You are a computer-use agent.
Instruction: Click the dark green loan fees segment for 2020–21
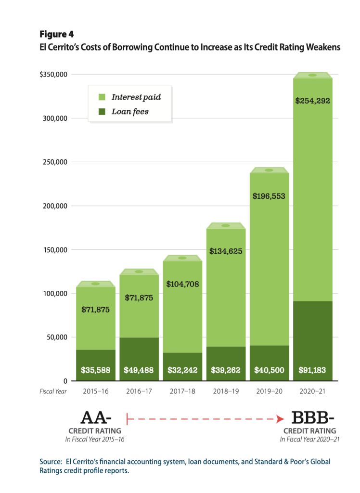pyautogui.click(x=313, y=337)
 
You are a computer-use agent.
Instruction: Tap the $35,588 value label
pyautogui.click(x=96, y=370)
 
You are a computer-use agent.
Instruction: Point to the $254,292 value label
pyautogui.click(x=313, y=101)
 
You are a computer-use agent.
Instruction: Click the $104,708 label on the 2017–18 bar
pyautogui.click(x=182, y=284)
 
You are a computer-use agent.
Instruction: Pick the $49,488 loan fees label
pyautogui.click(x=139, y=370)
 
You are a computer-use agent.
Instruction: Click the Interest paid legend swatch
pyautogui.click(x=102, y=97)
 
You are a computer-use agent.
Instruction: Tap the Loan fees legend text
pyautogui.click(x=130, y=112)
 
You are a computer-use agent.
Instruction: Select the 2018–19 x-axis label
pyautogui.click(x=226, y=391)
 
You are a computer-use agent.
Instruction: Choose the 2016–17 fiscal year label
pyautogui.click(x=139, y=391)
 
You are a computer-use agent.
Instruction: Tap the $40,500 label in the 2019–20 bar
pyautogui.click(x=270, y=370)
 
